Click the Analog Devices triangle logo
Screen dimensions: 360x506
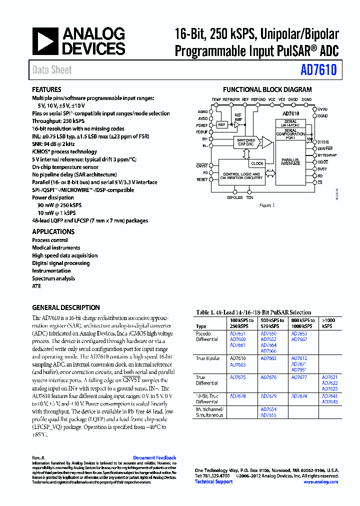45,41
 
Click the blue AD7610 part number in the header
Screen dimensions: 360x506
318,70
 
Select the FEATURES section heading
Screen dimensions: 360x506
46,89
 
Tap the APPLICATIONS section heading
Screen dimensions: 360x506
53,231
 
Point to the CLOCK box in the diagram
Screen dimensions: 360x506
257,163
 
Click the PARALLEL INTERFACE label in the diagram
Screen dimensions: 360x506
290,161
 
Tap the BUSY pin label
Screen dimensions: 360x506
322,169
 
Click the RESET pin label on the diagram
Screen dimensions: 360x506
202,179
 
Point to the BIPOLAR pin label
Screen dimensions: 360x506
235,197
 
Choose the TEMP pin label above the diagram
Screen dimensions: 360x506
216,100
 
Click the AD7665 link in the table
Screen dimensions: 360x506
268,358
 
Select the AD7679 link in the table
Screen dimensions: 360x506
268,396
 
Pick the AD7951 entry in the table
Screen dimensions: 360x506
298,370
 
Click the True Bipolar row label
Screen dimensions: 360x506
207,358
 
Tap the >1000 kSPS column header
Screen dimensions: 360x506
329,323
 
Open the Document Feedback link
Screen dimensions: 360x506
154,457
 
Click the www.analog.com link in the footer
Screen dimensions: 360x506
320,481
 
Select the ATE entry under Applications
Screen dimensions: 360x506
36,286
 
